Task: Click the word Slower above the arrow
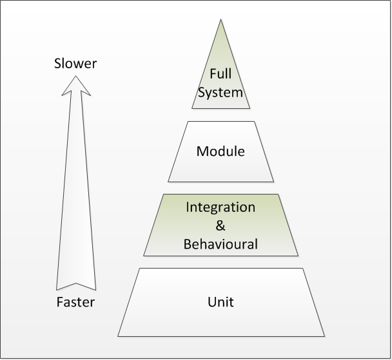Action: point(75,64)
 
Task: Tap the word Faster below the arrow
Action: point(75,302)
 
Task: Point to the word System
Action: point(220,92)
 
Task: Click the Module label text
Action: point(220,152)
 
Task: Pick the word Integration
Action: point(220,207)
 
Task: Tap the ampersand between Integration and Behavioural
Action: point(220,225)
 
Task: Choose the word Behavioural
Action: point(220,244)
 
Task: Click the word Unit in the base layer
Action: point(220,301)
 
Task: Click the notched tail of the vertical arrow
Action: point(75,284)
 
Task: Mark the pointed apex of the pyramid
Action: point(220,20)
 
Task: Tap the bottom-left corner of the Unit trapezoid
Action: point(118,336)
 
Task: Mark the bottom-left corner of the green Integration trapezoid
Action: point(144,256)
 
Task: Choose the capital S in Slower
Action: point(58,64)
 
